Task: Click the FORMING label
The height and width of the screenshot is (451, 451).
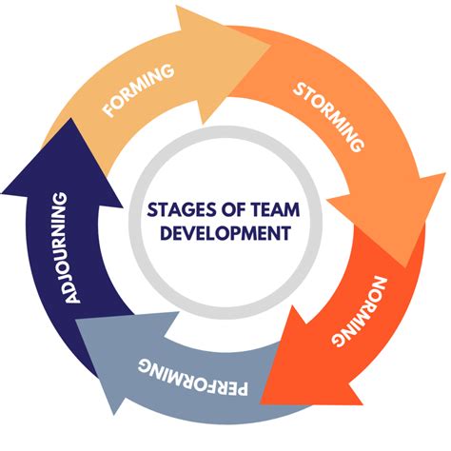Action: tap(140, 92)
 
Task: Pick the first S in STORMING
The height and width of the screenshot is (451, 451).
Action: tap(297, 89)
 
